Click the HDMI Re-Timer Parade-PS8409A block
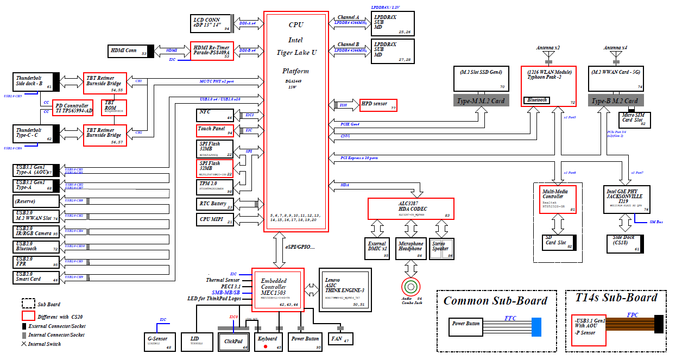click(212, 51)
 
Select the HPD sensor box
click(378, 105)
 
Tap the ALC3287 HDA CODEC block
click(411, 209)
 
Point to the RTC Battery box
click(215, 204)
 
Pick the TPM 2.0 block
click(215, 186)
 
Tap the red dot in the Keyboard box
click(266, 346)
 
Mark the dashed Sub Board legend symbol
click(28, 303)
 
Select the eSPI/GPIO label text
click(300, 247)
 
